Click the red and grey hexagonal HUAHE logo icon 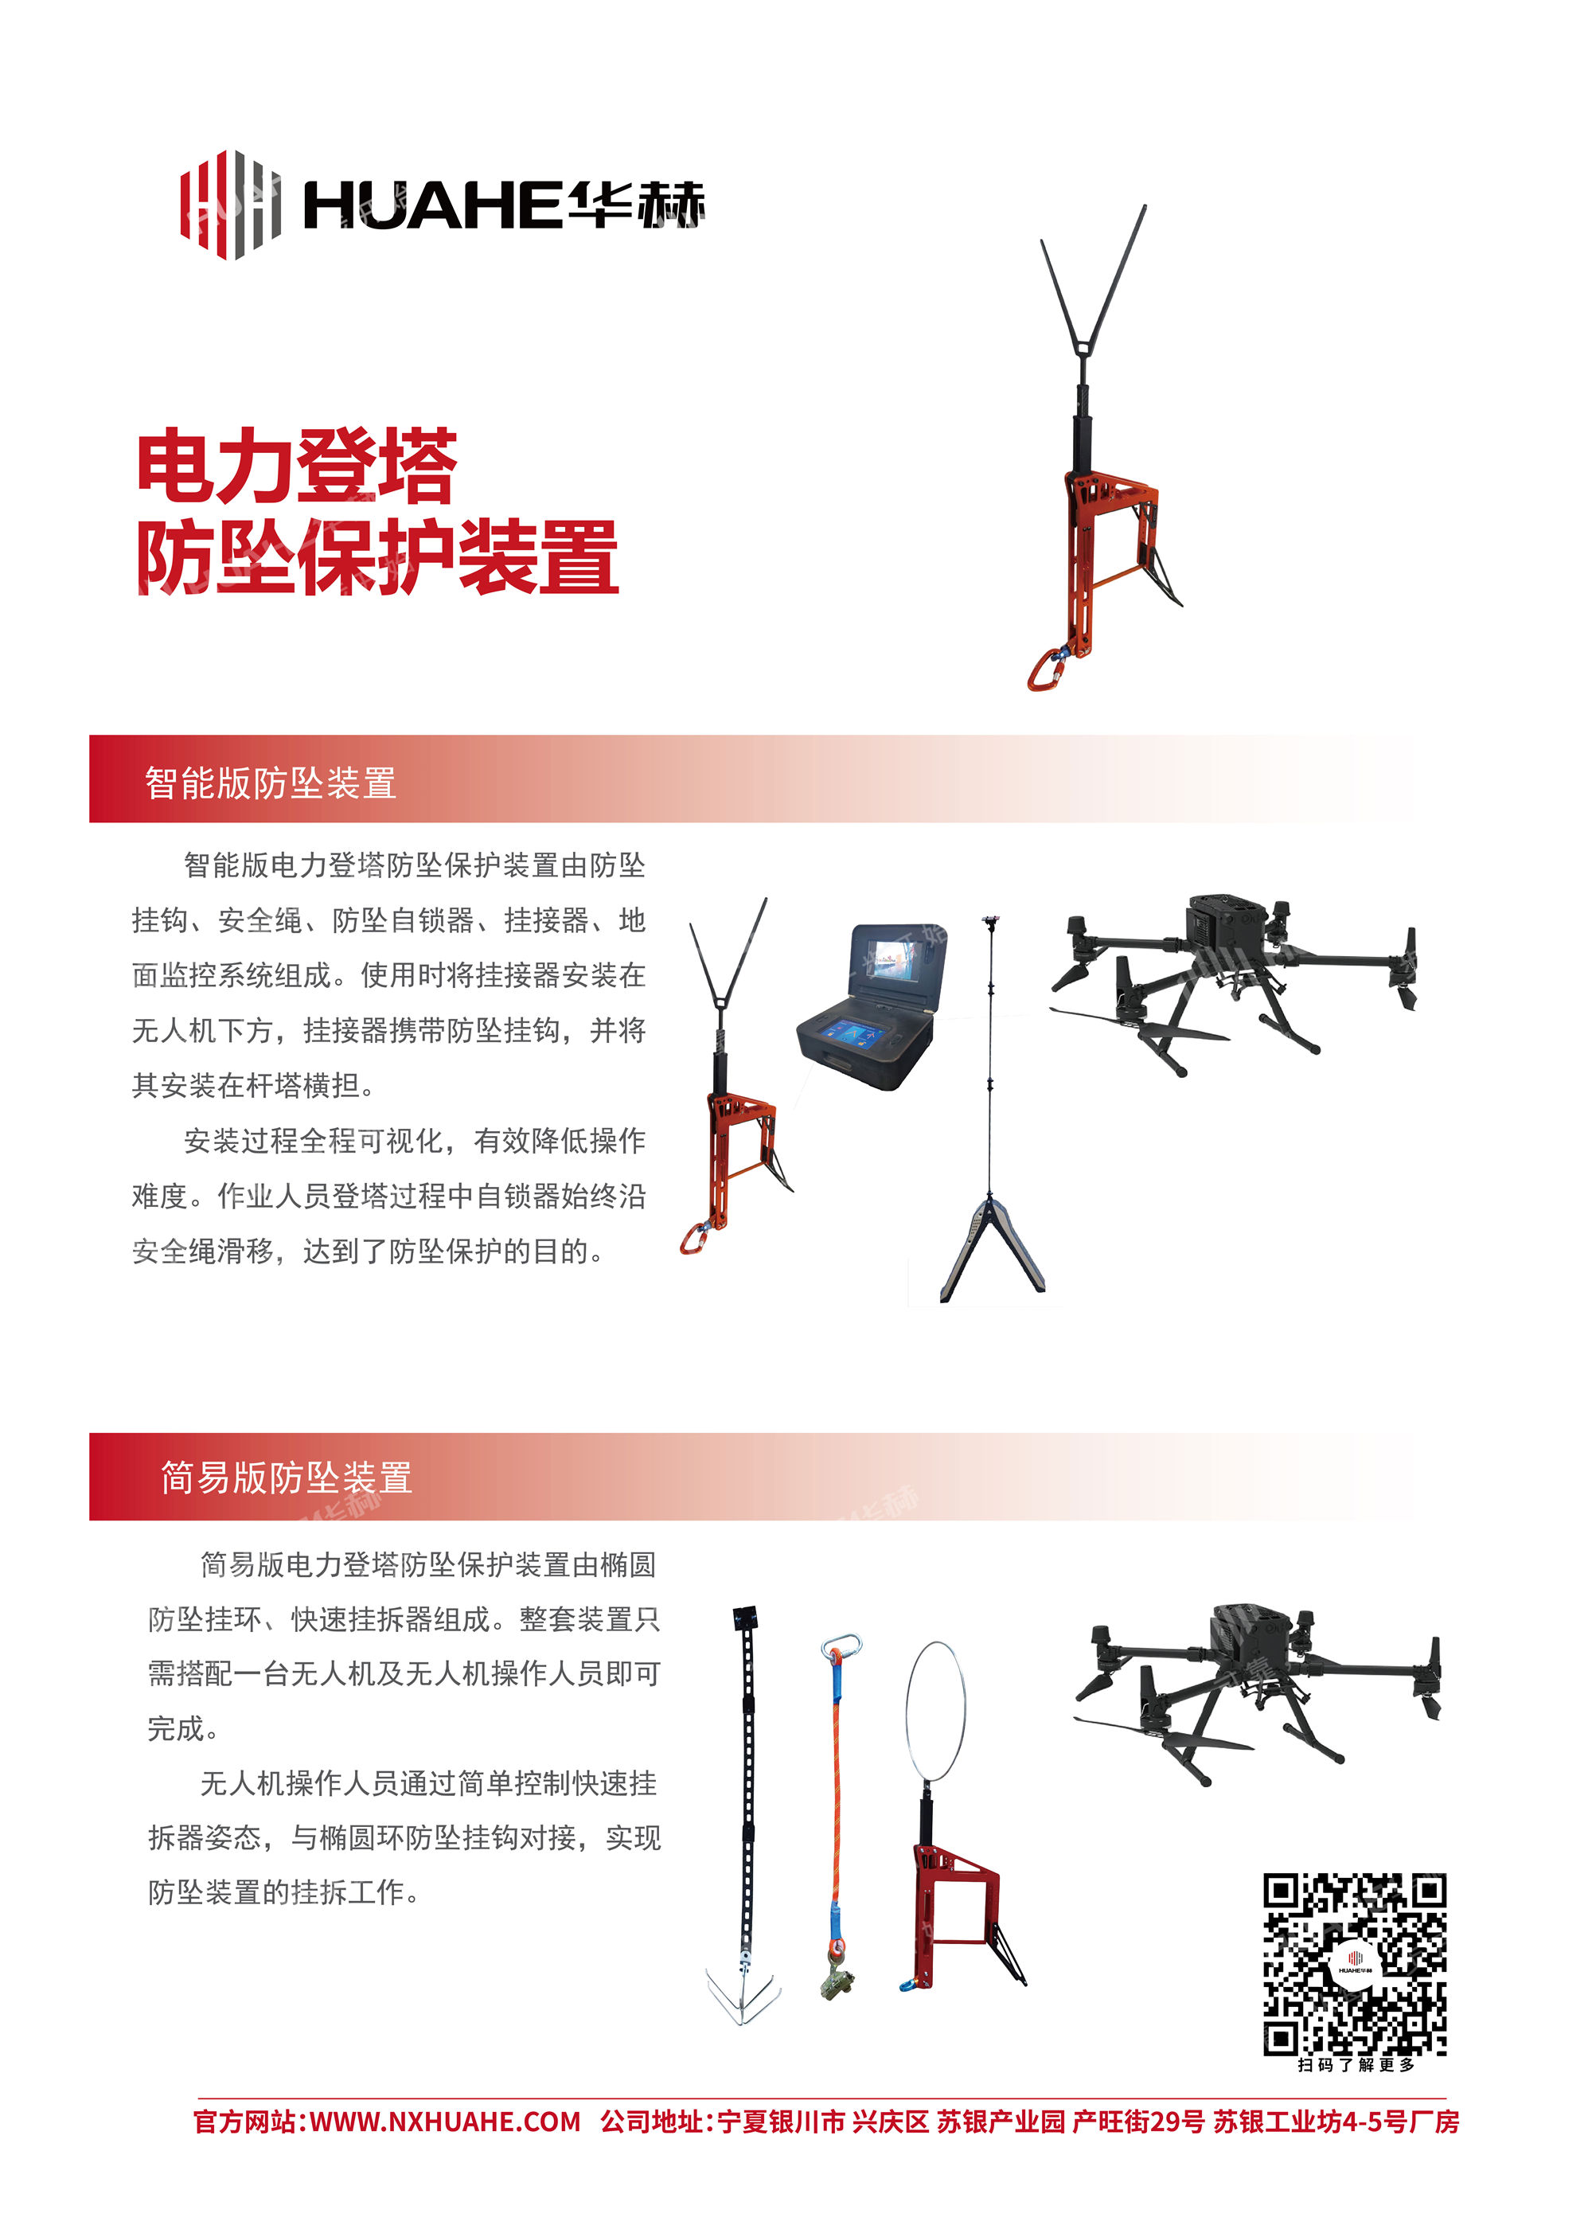[229, 204]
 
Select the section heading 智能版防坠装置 [271, 783]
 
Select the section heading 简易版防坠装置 [287, 1478]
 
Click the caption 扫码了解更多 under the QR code [1356, 2064]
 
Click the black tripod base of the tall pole [992, 1248]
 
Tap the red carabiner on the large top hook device [1045, 669]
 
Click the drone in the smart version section [1233, 983]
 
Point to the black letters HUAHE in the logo [433, 206]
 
